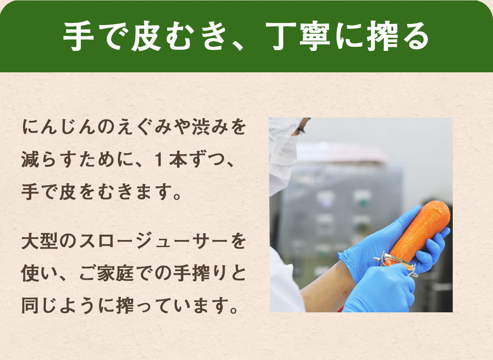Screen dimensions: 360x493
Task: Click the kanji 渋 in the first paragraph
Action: point(201,128)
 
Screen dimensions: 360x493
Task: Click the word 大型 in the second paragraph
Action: point(41,242)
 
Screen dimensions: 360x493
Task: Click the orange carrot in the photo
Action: point(419,234)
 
